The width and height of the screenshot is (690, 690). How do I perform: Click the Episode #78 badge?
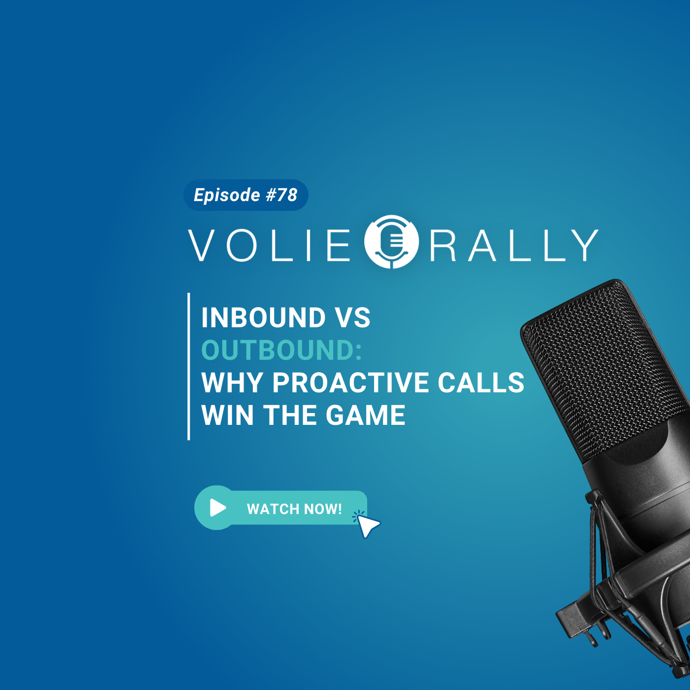(245, 195)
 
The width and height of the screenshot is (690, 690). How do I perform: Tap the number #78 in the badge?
(281, 195)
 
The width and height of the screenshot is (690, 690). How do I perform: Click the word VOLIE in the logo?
(269, 245)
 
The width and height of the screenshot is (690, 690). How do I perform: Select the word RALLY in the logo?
(514, 245)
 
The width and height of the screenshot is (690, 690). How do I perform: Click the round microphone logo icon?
(391, 242)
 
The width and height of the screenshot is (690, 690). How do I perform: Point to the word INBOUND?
(264, 317)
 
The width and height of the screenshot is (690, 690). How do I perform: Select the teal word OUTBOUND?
(282, 350)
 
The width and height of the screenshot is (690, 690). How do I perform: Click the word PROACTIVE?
(351, 382)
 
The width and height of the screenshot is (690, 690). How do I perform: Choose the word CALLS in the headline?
(481, 382)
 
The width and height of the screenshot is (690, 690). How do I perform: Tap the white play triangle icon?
(218, 507)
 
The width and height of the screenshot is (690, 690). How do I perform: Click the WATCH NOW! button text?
(294, 509)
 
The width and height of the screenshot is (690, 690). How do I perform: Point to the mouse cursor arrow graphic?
(367, 525)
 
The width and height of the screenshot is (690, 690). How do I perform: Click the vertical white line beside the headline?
(189, 366)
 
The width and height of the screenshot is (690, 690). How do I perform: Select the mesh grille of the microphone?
(605, 373)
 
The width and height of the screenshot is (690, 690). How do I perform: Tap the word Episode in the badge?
(227, 195)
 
